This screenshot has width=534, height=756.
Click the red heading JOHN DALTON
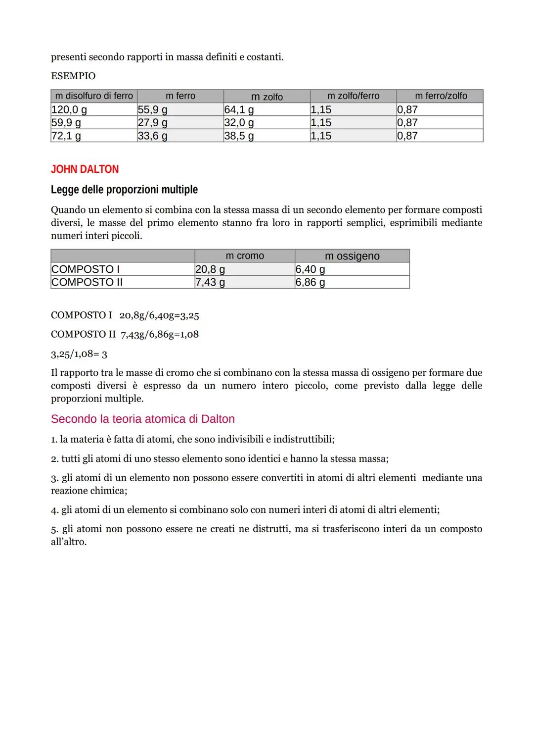pyautogui.click(x=85, y=169)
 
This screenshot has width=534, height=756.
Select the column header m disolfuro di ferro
pyautogui.click(x=94, y=96)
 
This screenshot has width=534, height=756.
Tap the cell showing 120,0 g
pyautogui.click(x=69, y=109)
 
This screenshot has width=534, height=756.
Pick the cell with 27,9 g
pyautogui.click(x=152, y=122)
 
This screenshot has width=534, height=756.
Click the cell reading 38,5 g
pyautogui.click(x=239, y=136)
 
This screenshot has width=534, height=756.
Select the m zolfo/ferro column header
pyautogui.click(x=353, y=96)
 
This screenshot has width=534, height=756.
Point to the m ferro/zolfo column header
pyautogui.click(x=441, y=96)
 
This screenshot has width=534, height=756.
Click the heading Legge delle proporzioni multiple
pyautogui.click(x=124, y=190)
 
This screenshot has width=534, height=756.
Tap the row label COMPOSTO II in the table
pyautogui.click(x=87, y=282)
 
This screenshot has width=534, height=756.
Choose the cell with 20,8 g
pyautogui.click(x=210, y=269)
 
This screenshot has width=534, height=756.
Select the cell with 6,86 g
pyautogui.click(x=310, y=282)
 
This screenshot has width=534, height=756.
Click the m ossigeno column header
pyautogui.click(x=352, y=256)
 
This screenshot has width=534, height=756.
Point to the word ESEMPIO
pyautogui.click(x=73, y=76)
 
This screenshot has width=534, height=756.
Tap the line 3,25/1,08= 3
pyautogui.click(x=79, y=354)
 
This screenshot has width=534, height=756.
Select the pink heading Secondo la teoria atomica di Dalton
pyautogui.click(x=142, y=419)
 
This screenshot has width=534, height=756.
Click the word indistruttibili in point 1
pyautogui.click(x=303, y=439)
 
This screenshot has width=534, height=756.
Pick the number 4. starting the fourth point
pyautogui.click(x=54, y=509)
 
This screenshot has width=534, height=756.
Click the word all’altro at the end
pyautogui.click(x=69, y=542)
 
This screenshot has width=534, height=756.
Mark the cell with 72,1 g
pyautogui.click(x=66, y=136)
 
